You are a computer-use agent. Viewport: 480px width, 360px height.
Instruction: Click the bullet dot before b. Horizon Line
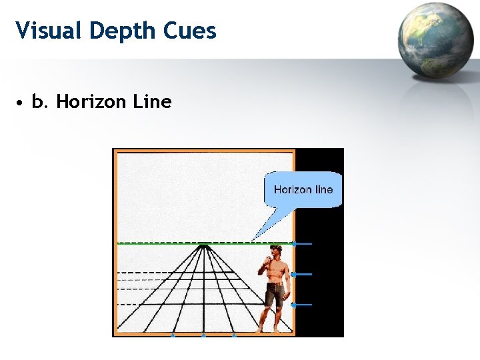21,103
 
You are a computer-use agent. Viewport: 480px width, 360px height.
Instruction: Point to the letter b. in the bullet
40,102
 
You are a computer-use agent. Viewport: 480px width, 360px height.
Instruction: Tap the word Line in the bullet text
152,102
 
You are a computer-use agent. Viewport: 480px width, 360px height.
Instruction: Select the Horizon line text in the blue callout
303,189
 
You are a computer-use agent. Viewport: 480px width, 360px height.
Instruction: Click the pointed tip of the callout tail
253,239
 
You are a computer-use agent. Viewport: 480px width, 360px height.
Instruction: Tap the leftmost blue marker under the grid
173,335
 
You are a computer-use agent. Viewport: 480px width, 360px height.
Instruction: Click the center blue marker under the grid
204,335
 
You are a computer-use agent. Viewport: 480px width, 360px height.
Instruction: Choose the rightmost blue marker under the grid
234,335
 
